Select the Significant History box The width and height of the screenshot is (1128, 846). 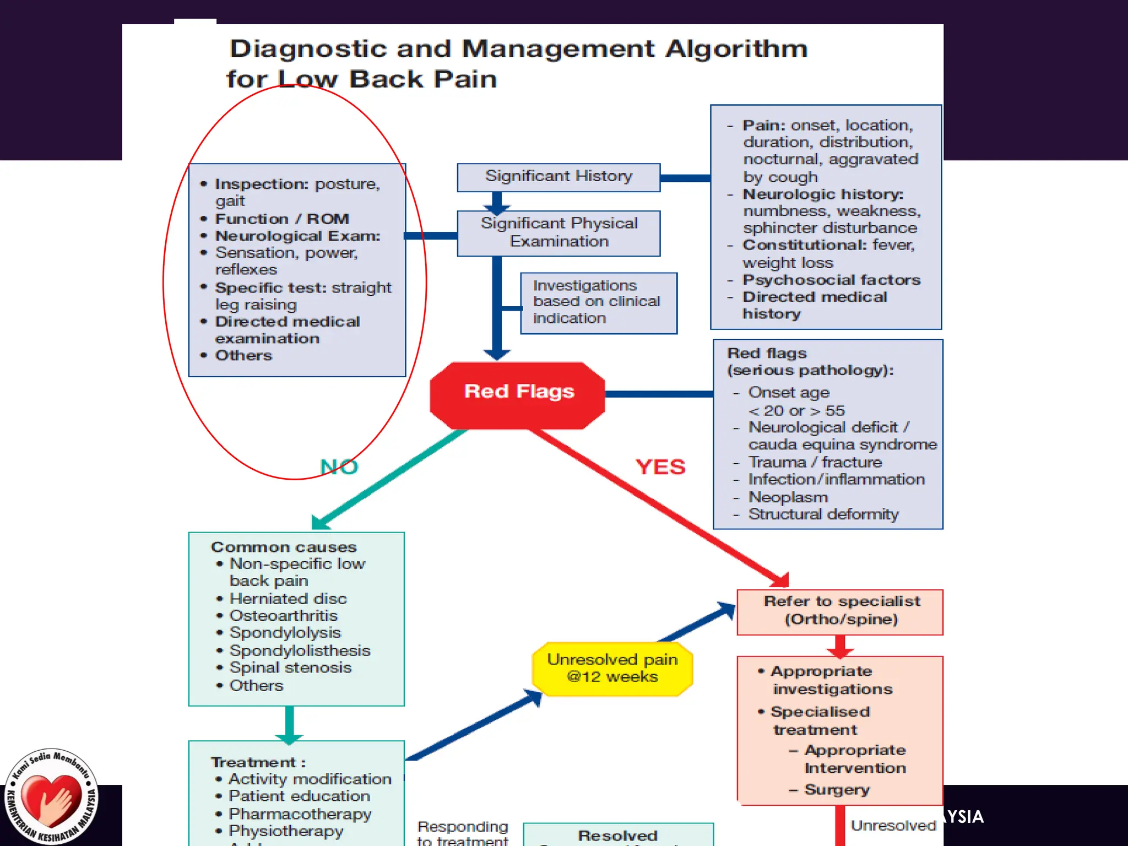pyautogui.click(x=558, y=177)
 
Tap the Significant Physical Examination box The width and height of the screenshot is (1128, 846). pyautogui.click(x=558, y=233)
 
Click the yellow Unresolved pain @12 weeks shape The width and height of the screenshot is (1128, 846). pyautogui.click(x=612, y=669)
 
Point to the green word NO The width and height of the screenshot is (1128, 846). pyautogui.click(x=339, y=467)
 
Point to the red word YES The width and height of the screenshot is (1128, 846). pyautogui.click(x=660, y=467)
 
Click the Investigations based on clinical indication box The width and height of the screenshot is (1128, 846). pyautogui.click(x=598, y=302)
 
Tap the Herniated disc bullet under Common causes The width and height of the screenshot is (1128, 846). pyautogui.click(x=288, y=599)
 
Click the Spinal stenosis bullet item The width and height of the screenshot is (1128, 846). pyautogui.click(x=290, y=668)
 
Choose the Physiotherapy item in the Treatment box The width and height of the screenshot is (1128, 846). pyautogui.click(x=285, y=831)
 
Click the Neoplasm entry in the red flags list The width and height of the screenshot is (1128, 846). pyautogui.click(x=788, y=497)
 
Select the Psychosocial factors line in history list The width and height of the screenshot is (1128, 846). pyautogui.click(x=831, y=280)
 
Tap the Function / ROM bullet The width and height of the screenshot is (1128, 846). pyautogui.click(x=281, y=219)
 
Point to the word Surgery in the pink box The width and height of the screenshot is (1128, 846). pyautogui.click(x=837, y=789)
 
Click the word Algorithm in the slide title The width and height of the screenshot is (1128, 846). pyautogui.click(x=736, y=50)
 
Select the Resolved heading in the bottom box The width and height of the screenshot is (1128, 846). pyautogui.click(x=617, y=836)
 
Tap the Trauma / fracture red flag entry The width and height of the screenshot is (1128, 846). pyautogui.click(x=815, y=462)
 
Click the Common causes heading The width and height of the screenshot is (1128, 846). pyautogui.click(x=284, y=547)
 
